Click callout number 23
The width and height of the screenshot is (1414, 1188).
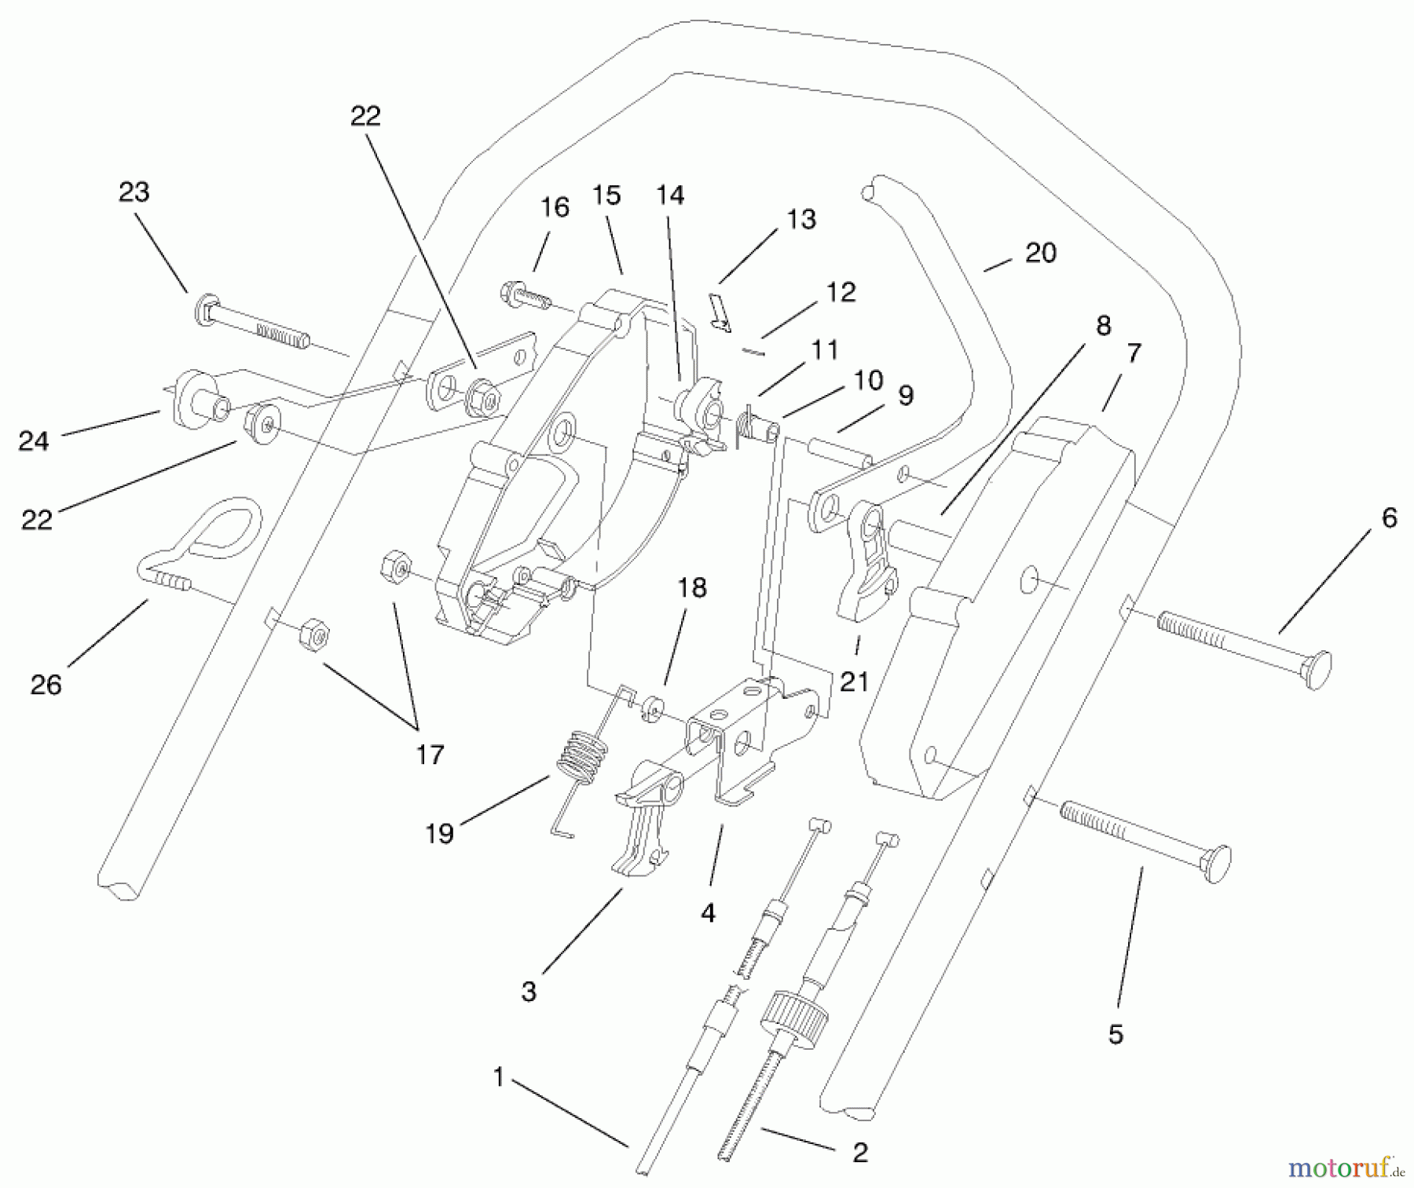click(134, 192)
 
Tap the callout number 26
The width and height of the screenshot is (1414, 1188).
click(46, 685)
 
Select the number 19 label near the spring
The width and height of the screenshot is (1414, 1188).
click(439, 833)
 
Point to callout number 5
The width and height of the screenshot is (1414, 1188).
click(1115, 1034)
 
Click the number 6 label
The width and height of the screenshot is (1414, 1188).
click(1389, 517)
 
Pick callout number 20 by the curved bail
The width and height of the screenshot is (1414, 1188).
click(1041, 253)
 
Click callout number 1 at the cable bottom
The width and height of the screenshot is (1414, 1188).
click(498, 1077)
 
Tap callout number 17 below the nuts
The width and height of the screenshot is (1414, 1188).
click(430, 755)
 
